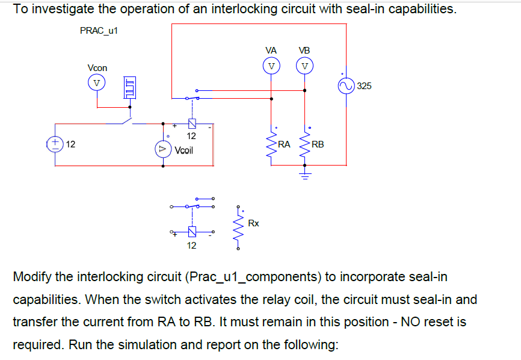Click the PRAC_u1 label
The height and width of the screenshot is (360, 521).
(99, 30)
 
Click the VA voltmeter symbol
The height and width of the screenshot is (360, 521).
(271, 65)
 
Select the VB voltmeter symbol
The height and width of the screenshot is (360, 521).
(305, 65)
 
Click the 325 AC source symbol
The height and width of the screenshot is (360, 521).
(347, 86)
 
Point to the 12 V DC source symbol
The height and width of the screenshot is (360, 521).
(56, 144)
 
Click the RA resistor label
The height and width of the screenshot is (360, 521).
(284, 144)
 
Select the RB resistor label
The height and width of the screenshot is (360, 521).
(318, 144)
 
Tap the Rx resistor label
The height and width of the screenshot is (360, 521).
(253, 223)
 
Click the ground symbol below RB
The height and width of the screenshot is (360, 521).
(304, 176)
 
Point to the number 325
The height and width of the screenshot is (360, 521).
(364, 86)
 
